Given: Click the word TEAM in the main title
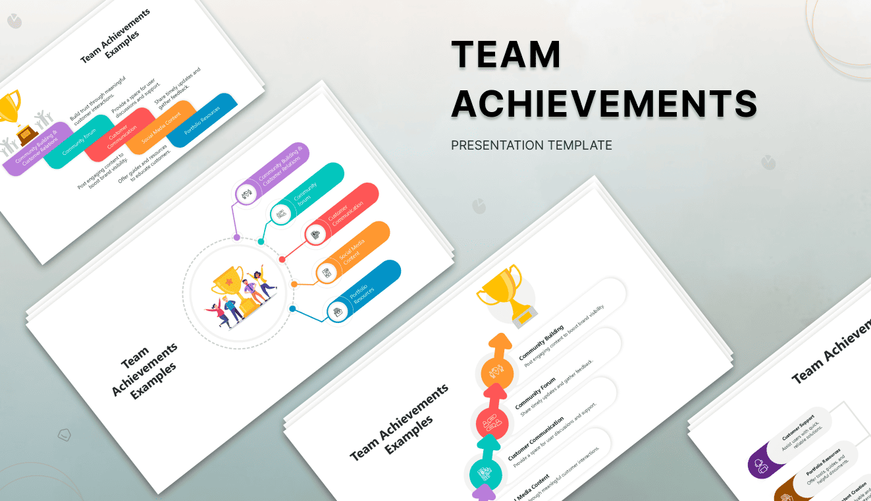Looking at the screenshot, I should (x=506, y=54).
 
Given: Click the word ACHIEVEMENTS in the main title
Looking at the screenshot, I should (x=604, y=104).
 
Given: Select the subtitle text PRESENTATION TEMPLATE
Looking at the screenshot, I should (x=531, y=145).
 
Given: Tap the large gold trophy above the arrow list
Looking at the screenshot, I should (x=506, y=295).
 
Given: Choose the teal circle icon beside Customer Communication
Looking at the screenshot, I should (x=486, y=473).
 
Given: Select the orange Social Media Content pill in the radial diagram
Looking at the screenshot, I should (x=353, y=253).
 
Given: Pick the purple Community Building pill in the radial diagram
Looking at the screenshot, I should (x=272, y=173).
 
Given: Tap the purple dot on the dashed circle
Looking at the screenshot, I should (x=236, y=236).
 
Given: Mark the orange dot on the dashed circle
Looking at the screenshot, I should (x=294, y=284).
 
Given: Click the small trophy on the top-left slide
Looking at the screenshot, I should (x=9, y=106).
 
